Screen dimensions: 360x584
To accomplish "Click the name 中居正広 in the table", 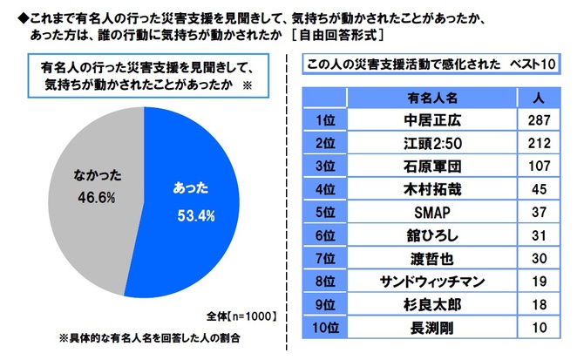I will click(431, 118).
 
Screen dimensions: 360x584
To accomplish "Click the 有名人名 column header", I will click(431, 96).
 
